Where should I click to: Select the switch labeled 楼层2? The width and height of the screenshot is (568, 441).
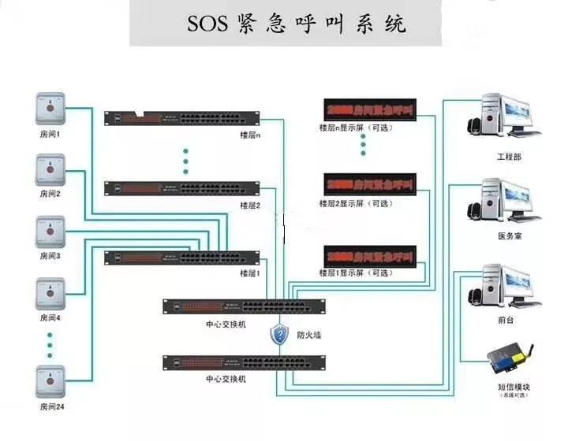tap(182, 189)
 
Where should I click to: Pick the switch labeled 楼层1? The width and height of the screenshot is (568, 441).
tap(182, 258)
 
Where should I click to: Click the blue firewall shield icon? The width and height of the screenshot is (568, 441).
tap(279, 335)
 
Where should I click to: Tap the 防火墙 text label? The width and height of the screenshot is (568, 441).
tap(308, 335)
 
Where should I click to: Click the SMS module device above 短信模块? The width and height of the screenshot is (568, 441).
tap(506, 359)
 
